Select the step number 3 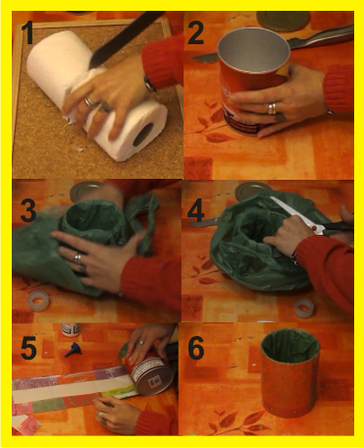click(x=28, y=210)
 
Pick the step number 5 click(x=28, y=348)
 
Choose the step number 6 click(x=196, y=348)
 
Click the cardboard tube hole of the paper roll click(x=143, y=134)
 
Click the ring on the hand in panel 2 click(x=272, y=108)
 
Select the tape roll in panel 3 click(x=38, y=301)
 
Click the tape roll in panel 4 click(x=304, y=308)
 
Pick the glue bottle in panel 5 click(x=71, y=329)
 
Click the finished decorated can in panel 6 click(x=289, y=372)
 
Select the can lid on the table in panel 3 click(x=85, y=191)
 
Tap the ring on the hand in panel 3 click(x=78, y=258)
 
